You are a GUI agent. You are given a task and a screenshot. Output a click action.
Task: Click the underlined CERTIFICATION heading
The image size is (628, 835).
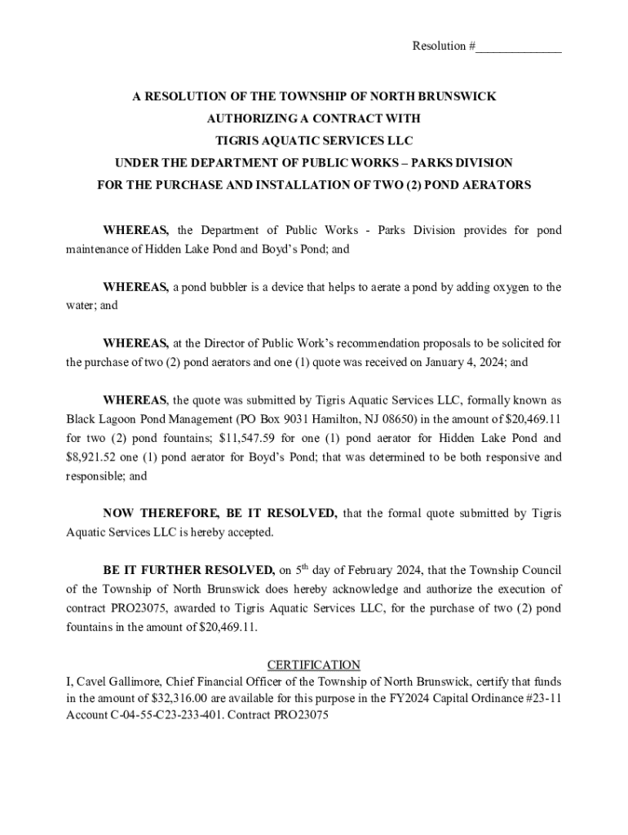314,665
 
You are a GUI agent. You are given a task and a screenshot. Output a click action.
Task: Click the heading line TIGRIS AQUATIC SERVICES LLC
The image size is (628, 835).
314,141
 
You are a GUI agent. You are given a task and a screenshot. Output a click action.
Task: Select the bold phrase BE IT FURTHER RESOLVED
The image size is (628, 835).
188,570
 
